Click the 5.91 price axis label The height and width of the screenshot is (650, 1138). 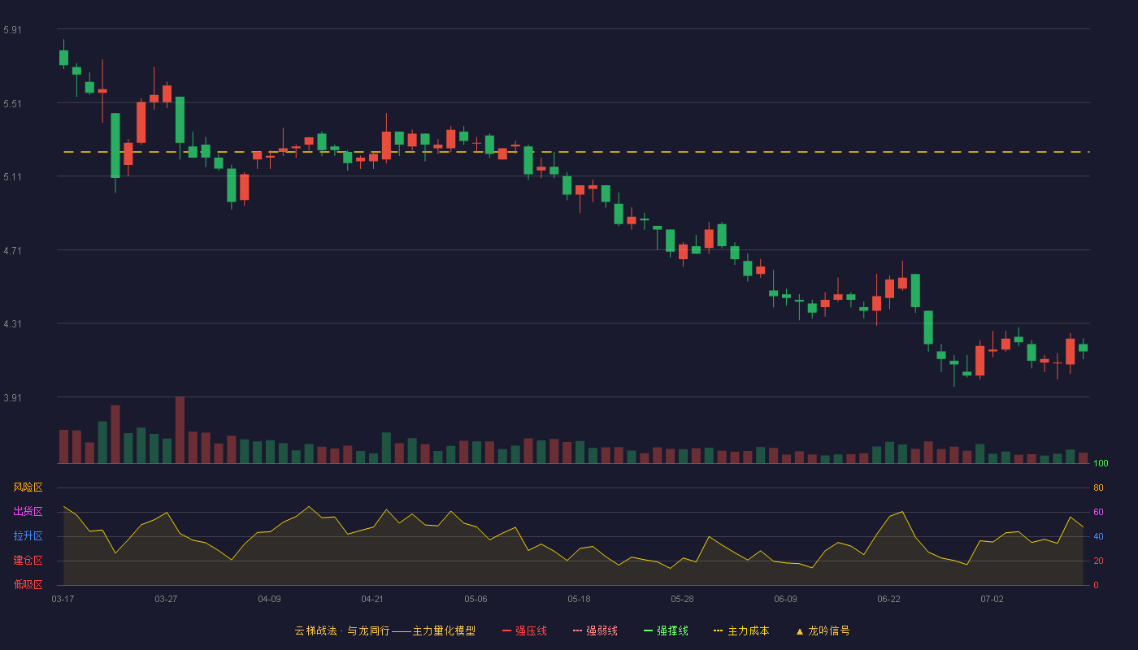tap(12, 30)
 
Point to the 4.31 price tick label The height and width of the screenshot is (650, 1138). tap(12, 324)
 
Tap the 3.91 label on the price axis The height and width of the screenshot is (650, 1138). tap(12, 397)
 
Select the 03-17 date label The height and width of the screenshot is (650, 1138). tap(63, 600)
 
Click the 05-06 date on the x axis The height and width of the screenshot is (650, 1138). tap(476, 600)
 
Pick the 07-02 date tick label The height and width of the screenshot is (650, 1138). tap(992, 600)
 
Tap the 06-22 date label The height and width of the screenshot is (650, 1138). tap(888, 600)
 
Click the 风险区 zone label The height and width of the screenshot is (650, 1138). tap(28, 487)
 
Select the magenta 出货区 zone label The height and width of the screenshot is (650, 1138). tap(28, 511)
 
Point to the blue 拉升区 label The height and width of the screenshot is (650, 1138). tap(28, 535)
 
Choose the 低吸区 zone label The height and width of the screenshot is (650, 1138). tap(28, 584)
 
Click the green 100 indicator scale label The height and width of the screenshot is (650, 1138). tap(1101, 463)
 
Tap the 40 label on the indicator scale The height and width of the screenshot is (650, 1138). tap(1098, 536)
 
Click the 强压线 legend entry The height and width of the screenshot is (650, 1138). tap(524, 630)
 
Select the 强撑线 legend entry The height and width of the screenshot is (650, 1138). tap(666, 630)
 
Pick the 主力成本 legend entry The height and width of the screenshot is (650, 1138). tap(741, 630)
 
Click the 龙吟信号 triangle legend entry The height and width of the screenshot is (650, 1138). tap(823, 630)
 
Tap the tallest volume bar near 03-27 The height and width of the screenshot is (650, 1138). tap(180, 430)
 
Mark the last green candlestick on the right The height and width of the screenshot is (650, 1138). tap(1083, 348)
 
